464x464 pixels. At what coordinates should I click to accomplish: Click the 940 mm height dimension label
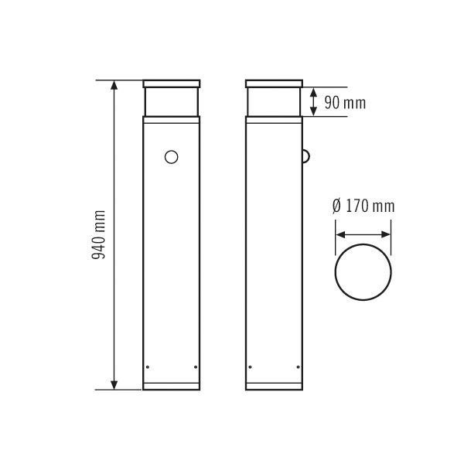99,235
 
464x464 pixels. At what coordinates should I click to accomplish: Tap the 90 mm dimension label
345,101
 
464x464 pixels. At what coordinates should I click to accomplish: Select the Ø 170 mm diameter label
363,206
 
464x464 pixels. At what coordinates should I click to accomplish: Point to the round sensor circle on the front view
172,158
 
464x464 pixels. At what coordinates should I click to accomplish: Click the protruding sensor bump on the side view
305,157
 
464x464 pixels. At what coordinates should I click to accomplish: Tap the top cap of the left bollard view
172,84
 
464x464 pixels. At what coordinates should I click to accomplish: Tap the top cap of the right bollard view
274,84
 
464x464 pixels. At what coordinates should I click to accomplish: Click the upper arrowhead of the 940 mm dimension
115,85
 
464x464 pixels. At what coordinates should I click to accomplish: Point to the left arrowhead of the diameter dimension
339,236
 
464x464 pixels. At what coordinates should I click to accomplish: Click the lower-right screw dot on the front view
196,367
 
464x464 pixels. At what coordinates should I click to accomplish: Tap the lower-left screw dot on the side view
250,367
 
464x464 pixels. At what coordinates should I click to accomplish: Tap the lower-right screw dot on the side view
298,367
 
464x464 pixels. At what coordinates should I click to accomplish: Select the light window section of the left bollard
172,101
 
